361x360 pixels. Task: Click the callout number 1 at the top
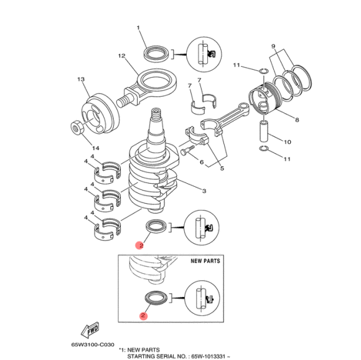pos(138,28)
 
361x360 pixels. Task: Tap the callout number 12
pos(122,55)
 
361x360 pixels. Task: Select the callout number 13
pos(81,79)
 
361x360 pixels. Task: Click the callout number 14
pos(96,148)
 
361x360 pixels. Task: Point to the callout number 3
pos(204,191)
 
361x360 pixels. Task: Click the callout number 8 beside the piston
pos(297,120)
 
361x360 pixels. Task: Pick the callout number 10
pos(287,142)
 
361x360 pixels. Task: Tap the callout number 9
pos(273,46)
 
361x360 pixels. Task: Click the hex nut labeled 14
pos(76,128)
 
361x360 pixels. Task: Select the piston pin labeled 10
pos(264,130)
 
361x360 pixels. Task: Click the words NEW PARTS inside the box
pos(205,261)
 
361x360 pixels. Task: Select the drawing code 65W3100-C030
pos(93,345)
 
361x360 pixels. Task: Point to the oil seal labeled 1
pos(157,54)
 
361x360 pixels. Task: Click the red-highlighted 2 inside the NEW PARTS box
pos(143,315)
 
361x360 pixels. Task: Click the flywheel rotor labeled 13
pos(101,113)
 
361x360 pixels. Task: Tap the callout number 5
pos(222,168)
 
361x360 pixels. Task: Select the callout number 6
pos(202,162)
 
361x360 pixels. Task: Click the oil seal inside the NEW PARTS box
pos(156,298)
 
